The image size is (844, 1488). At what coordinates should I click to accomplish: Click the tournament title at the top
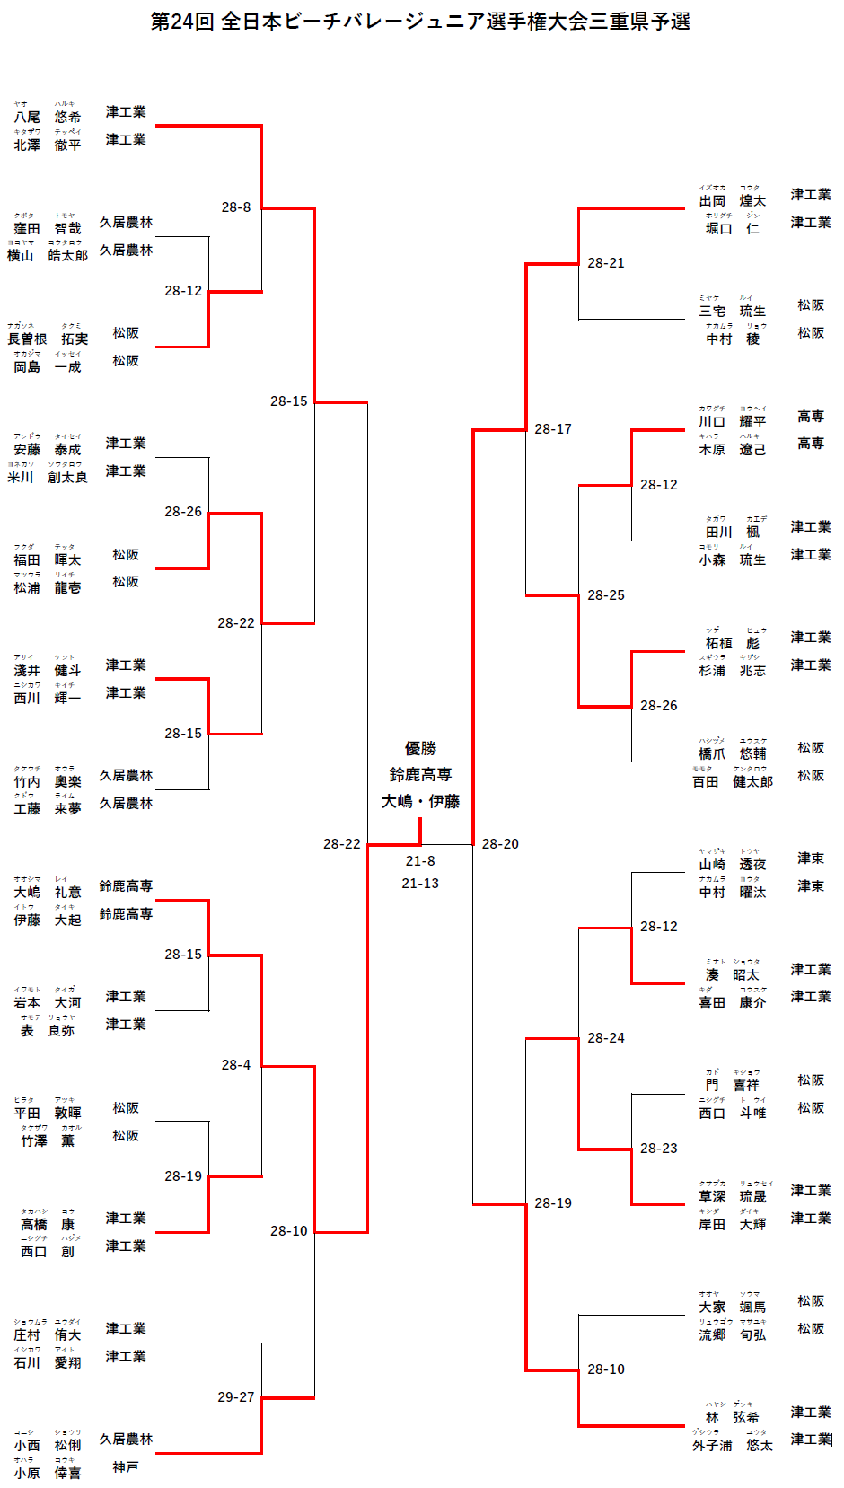[x=420, y=22]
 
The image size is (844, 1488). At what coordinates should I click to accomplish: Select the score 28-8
[x=236, y=207]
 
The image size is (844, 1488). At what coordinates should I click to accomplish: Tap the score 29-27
[x=236, y=1397]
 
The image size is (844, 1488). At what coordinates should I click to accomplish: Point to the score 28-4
[x=236, y=1065]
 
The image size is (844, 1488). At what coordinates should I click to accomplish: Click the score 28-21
[x=606, y=263]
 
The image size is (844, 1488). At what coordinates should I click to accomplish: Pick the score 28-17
[x=553, y=429]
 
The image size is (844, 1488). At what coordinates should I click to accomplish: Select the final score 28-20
[x=500, y=844]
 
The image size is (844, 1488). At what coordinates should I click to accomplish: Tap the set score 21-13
[x=420, y=884]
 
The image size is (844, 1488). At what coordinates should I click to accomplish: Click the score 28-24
[x=606, y=1038]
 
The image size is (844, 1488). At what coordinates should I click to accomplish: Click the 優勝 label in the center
[x=420, y=749]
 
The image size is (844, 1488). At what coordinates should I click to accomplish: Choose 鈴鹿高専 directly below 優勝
[x=420, y=774]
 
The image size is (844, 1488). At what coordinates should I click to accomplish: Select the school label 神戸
[x=126, y=1467]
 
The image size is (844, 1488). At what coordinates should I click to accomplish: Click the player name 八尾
[x=27, y=118]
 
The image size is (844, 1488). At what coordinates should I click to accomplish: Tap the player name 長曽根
[x=27, y=339]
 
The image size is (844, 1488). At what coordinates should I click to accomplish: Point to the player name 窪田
[x=27, y=229]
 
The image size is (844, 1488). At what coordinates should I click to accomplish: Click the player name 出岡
[x=712, y=201]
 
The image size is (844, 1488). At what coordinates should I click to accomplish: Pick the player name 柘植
[x=718, y=644]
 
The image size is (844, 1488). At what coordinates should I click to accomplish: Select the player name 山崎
[x=712, y=865]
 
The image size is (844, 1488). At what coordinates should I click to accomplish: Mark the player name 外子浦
[x=712, y=1446]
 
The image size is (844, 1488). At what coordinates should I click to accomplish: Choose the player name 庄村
[x=27, y=1335]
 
